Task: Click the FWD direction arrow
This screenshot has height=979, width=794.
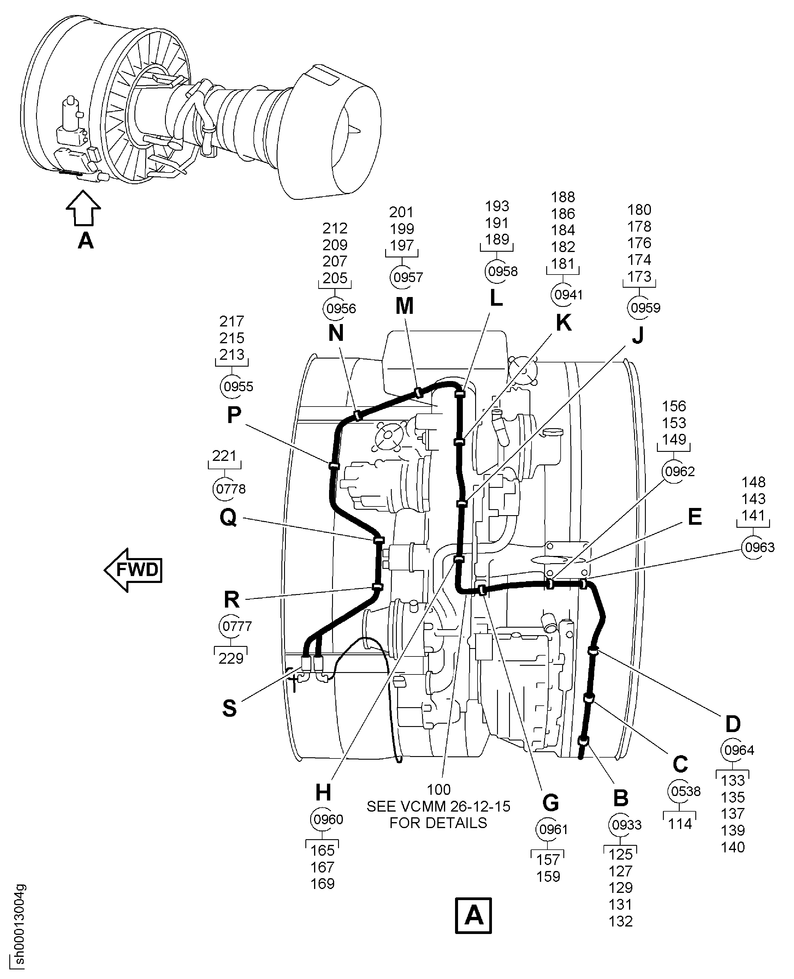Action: [x=133, y=570]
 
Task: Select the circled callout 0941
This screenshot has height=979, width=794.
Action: [x=568, y=295]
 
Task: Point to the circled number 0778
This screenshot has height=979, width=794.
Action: [x=230, y=488]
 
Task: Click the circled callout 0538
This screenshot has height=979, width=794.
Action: [x=685, y=791]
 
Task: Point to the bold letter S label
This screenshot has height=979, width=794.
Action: [x=229, y=708]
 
